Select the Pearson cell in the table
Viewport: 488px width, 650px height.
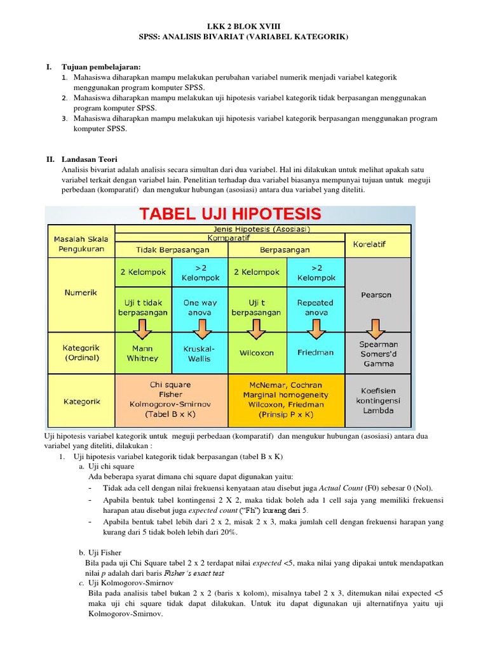click(377, 295)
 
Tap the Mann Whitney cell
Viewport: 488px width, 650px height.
click(142, 354)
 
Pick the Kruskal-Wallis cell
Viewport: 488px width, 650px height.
click(200, 354)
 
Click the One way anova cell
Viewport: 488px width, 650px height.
click(200, 307)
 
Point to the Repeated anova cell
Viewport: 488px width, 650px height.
click(316, 307)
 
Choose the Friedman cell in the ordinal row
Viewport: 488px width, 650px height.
click(316, 352)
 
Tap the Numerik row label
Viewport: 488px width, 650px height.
click(81, 293)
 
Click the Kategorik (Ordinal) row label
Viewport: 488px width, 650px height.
click(81, 353)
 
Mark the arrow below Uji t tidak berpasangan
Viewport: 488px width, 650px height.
click(142, 329)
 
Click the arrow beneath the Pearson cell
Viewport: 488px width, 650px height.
click(377, 329)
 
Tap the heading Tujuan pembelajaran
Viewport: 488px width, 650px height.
click(100, 67)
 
